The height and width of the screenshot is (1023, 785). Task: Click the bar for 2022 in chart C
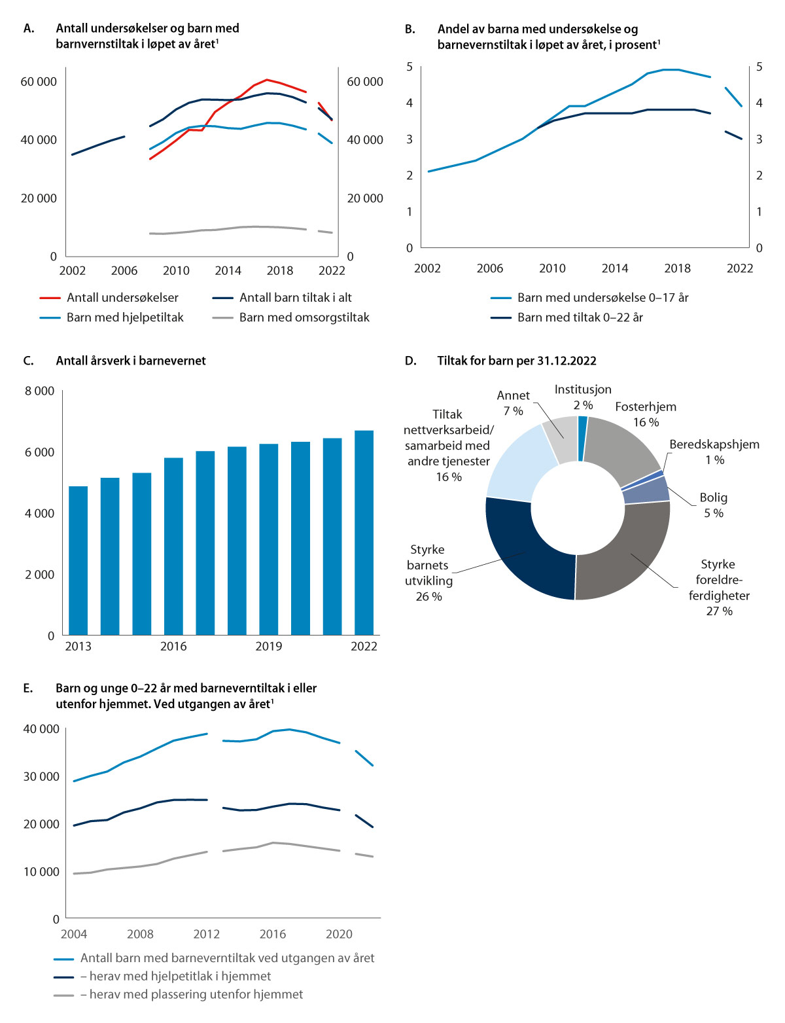364,533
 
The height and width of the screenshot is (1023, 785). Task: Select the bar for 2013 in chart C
78,560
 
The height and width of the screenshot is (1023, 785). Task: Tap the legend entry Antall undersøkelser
122,298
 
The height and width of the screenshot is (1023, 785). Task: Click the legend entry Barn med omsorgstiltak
304,317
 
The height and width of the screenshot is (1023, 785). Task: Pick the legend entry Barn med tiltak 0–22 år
580,317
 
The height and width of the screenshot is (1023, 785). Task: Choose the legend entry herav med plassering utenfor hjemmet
196,994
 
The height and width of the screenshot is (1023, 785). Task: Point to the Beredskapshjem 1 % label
714,452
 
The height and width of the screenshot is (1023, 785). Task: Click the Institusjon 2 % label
583,397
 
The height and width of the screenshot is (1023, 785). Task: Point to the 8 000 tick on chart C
39,391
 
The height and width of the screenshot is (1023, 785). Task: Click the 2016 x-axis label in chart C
173,647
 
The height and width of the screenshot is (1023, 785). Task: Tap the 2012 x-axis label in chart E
207,934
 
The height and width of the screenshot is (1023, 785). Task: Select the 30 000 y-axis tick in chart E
41,777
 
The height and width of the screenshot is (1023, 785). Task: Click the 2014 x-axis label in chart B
615,268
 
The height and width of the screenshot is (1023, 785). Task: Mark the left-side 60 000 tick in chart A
39,82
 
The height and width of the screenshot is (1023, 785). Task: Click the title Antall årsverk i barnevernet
131,361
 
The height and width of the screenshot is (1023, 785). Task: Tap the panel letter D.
410,361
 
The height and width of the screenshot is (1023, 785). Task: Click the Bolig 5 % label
713,505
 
